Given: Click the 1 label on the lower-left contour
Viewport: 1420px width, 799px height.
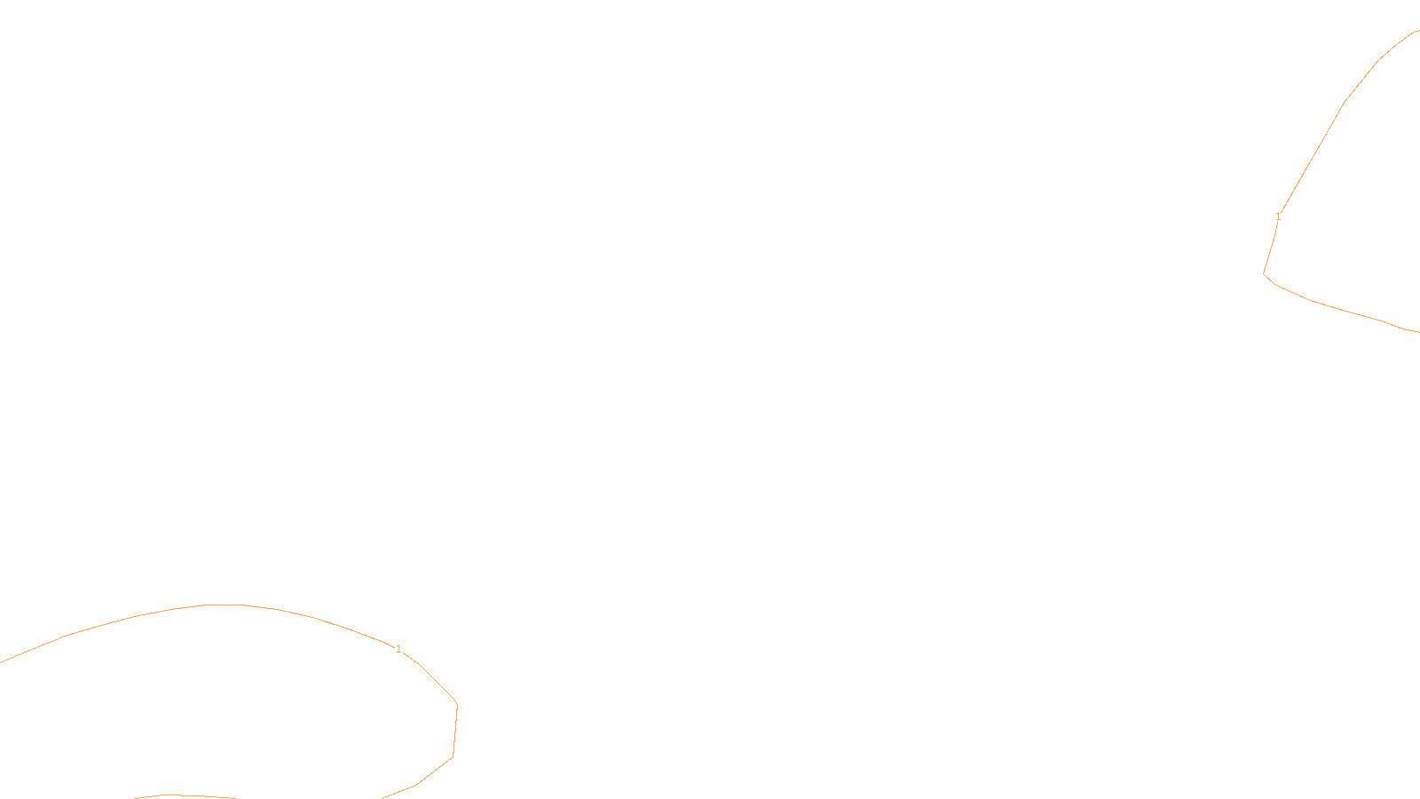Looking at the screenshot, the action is point(398,649).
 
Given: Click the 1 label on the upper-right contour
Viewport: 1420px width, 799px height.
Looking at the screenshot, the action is point(1278,217).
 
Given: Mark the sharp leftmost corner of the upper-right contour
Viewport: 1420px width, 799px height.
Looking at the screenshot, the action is point(1264,273).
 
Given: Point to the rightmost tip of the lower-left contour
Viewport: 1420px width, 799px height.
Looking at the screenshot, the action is point(457,705).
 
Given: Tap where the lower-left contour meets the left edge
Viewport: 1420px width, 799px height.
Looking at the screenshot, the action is point(2,661).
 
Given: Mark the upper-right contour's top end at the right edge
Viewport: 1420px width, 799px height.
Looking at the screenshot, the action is point(1417,31).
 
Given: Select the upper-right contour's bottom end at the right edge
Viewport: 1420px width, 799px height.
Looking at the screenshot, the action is point(1417,331).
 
